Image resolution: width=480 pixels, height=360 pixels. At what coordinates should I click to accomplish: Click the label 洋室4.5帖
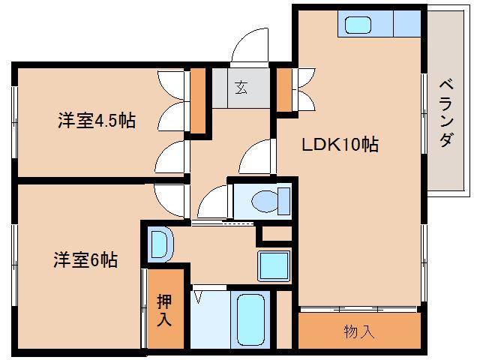[96, 121]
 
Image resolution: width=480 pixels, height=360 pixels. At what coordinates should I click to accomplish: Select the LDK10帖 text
[340, 145]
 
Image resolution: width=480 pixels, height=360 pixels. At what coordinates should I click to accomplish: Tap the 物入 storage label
[358, 330]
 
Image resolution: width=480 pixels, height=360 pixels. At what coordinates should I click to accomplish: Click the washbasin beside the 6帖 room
[160, 243]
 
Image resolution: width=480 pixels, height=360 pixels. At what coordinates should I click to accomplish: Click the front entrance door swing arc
[250, 46]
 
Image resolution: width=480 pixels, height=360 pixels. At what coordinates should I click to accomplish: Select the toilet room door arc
[213, 199]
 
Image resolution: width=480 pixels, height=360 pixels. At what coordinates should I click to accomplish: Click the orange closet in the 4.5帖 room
[197, 100]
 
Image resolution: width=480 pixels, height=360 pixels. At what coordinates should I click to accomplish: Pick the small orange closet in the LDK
[285, 88]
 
